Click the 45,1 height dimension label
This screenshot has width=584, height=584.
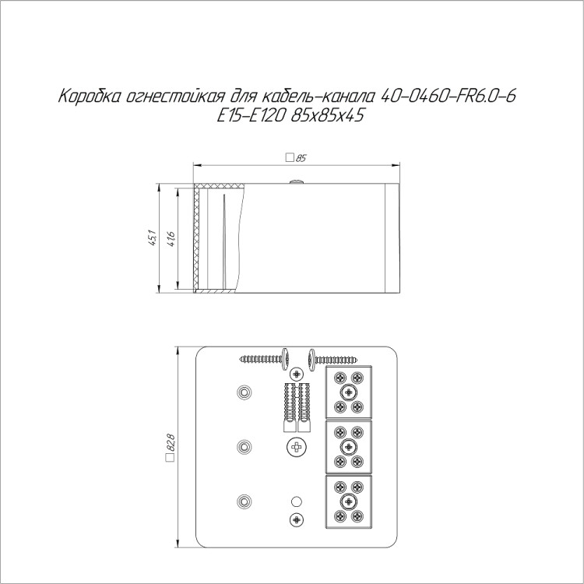click(x=153, y=239)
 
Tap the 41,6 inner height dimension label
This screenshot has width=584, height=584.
click(x=172, y=239)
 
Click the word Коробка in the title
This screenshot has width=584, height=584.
click(x=90, y=97)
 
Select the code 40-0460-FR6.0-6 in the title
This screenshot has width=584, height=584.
click(x=449, y=97)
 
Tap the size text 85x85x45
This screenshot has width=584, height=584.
click(x=327, y=116)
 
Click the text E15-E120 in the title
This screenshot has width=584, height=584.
click(x=252, y=116)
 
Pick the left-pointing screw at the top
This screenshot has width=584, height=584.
click(x=265, y=359)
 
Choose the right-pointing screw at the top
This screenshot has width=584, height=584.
click(x=332, y=360)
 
